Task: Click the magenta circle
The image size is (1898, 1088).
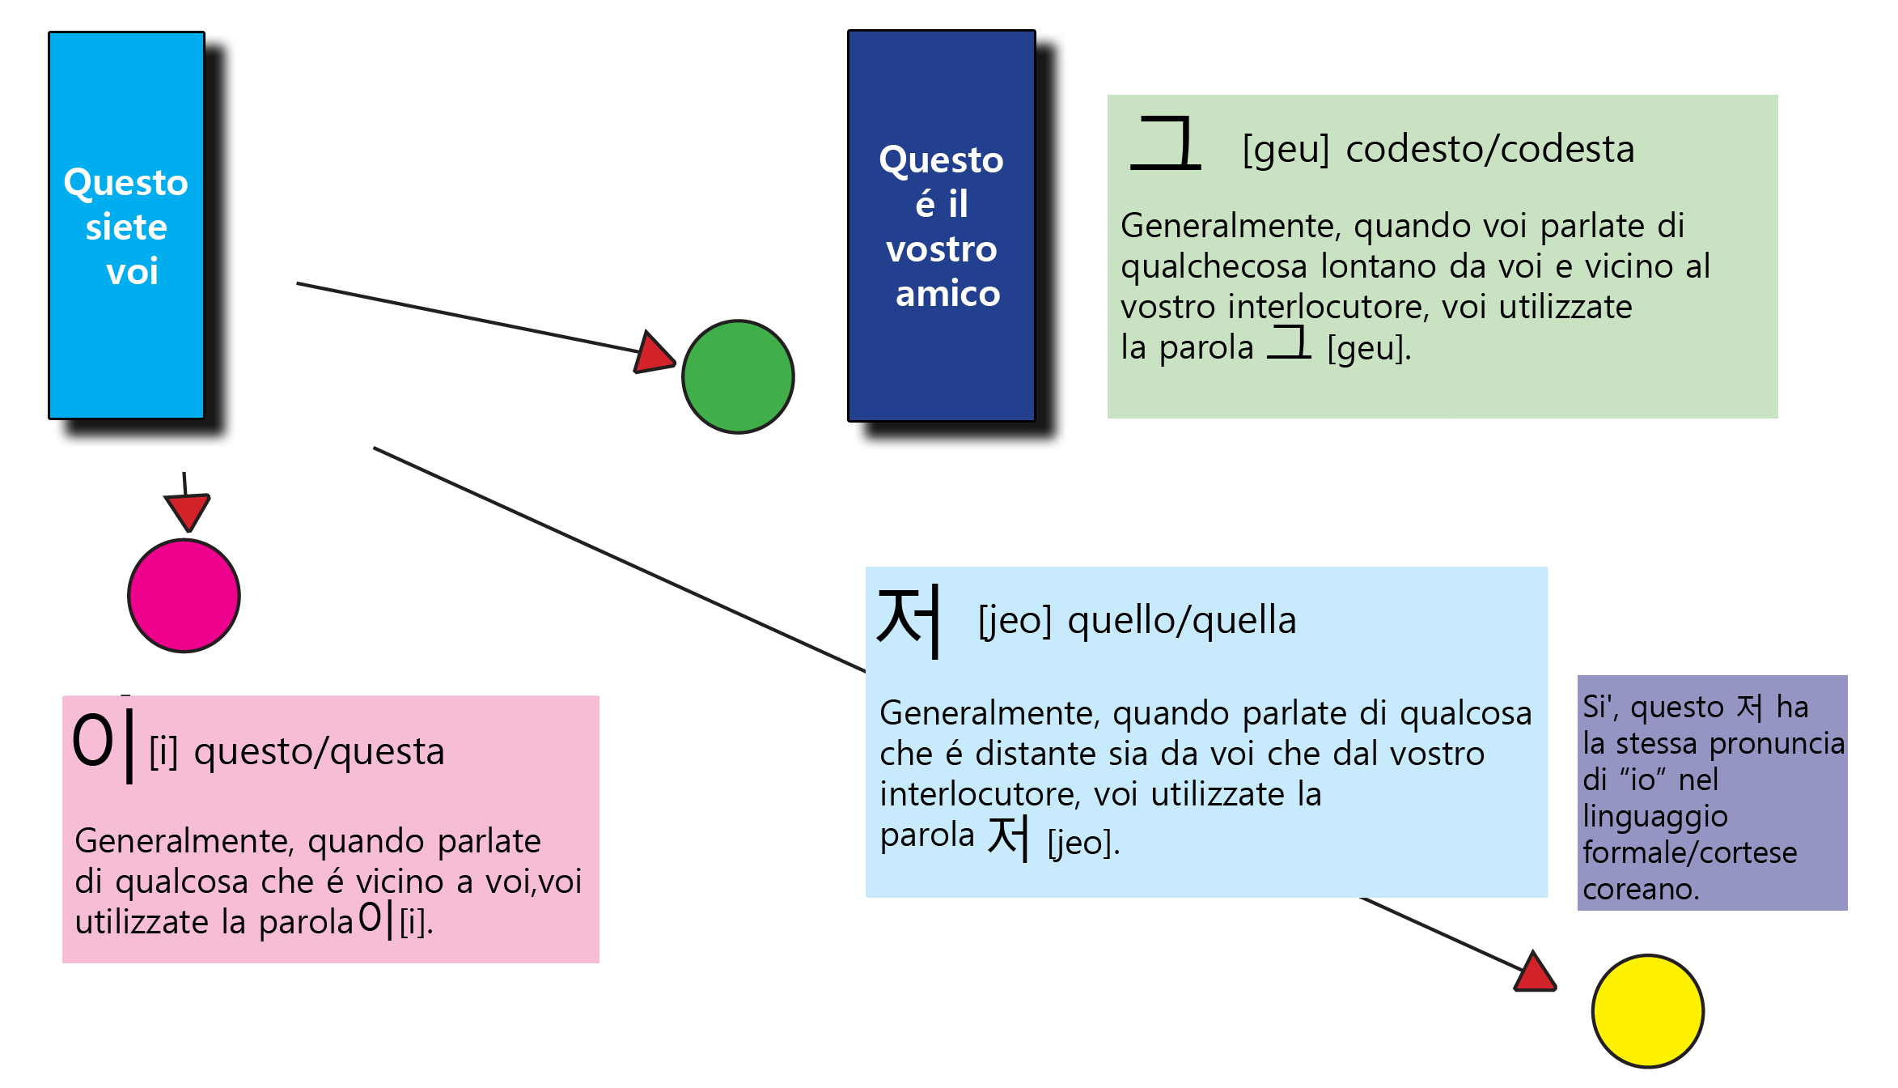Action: [x=184, y=596]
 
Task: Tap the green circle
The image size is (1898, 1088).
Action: [x=738, y=376]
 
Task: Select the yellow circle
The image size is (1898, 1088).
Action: [x=1647, y=1011]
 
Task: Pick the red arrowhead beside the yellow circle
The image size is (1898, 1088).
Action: [x=1534, y=975]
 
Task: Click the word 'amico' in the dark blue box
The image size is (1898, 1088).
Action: [x=947, y=293]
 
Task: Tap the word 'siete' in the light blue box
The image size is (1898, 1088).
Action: [x=126, y=227]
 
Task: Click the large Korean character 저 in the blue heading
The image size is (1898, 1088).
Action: [x=909, y=622]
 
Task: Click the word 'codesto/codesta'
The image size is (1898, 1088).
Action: [x=1489, y=150]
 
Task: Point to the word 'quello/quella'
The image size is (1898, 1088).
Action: [x=1181, y=621]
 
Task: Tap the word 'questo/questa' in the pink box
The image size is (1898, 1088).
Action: [x=320, y=752]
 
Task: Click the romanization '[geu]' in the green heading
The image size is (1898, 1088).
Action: [x=1286, y=150]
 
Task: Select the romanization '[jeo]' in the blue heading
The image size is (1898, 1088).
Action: [x=1015, y=621]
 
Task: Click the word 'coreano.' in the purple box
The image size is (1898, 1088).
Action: [x=1640, y=889]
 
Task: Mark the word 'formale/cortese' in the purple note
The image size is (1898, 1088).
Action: [x=1689, y=852]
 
